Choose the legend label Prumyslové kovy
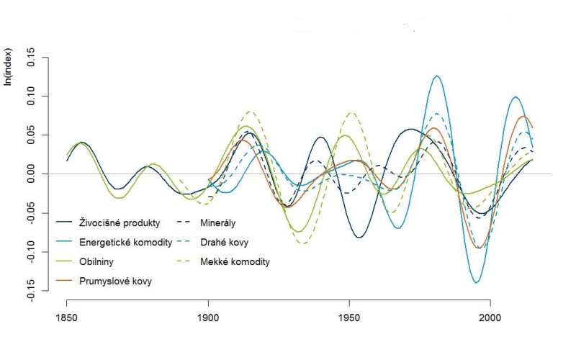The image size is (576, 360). [x=120, y=281]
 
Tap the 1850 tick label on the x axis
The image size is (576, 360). [x=67, y=317]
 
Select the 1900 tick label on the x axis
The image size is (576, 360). [x=209, y=317]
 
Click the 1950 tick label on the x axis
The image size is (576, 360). [x=350, y=317]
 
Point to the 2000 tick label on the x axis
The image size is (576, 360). [x=491, y=317]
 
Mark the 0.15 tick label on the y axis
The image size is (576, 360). [x=30, y=58]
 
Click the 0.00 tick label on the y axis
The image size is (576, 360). [x=30, y=174]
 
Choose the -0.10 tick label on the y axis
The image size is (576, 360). [x=30, y=251]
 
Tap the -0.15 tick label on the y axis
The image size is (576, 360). [x=30, y=290]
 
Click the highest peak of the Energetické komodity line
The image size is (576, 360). [x=436, y=76]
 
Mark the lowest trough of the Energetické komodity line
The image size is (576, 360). [x=477, y=283]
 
